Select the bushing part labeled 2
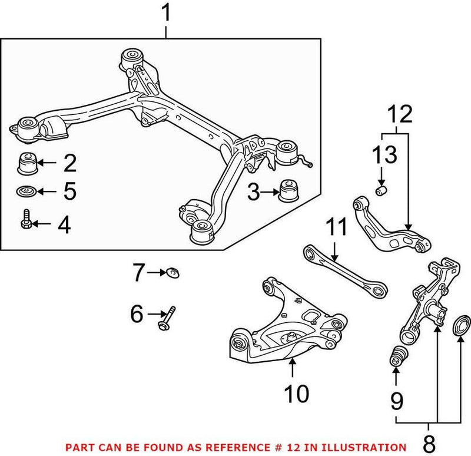28,163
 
